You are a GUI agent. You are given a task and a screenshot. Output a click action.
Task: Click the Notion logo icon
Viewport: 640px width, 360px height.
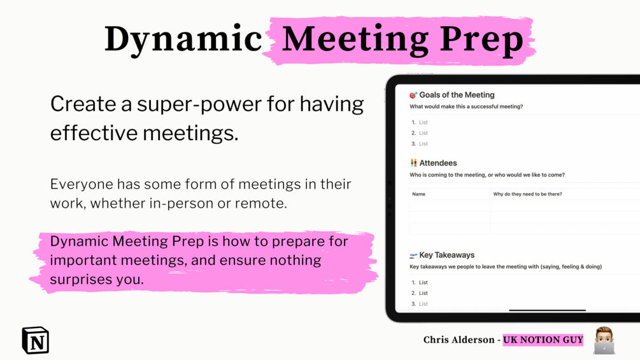pyautogui.click(x=36, y=340)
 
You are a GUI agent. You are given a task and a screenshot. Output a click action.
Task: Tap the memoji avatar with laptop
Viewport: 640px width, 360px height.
pyautogui.click(x=604, y=340)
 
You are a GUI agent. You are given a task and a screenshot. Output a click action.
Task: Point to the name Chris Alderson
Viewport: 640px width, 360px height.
pyautogui.click(x=459, y=340)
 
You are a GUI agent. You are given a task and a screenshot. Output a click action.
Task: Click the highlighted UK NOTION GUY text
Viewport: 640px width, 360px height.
pyautogui.click(x=543, y=340)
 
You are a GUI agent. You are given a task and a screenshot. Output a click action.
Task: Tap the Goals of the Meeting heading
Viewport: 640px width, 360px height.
pyautogui.click(x=457, y=95)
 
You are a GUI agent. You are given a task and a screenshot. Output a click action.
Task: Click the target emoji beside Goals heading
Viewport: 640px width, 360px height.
pyautogui.click(x=413, y=95)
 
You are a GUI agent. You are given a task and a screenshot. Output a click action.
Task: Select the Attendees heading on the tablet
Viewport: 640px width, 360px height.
pyautogui.click(x=438, y=163)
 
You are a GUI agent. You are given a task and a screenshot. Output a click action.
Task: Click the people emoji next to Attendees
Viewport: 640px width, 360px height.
pyautogui.click(x=413, y=163)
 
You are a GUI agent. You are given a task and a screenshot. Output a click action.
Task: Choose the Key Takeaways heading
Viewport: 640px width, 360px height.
pyautogui.click(x=447, y=255)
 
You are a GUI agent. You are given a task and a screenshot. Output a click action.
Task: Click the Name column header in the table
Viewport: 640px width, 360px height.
pyautogui.click(x=419, y=194)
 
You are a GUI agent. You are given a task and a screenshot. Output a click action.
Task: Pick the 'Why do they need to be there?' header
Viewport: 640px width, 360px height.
pyautogui.click(x=527, y=194)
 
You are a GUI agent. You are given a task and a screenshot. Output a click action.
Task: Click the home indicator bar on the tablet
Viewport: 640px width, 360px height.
pyautogui.click(x=548, y=310)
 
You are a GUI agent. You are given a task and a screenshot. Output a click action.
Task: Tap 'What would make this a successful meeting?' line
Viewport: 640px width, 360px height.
pyautogui.click(x=466, y=106)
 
